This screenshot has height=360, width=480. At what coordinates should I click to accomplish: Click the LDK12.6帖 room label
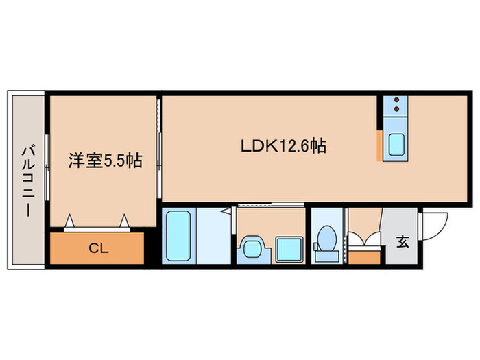pos(282,145)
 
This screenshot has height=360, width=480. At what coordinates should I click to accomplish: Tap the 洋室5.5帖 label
pos(104,160)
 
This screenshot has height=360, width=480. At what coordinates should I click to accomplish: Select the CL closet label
pos(97,248)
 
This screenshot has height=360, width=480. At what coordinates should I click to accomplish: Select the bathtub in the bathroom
pos(179,236)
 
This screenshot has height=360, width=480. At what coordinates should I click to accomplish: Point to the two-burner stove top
pos(396,105)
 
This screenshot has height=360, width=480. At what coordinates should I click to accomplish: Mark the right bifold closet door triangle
pos(124,219)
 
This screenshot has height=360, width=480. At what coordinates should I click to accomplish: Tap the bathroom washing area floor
pos(213,237)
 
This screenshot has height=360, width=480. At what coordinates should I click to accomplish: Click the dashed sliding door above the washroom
pos(258,205)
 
